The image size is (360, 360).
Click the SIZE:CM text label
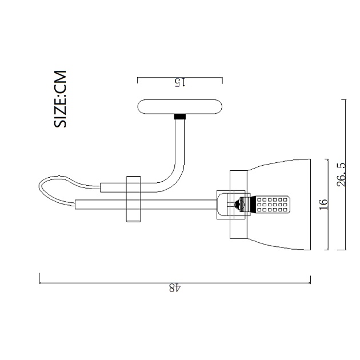coord(61,99)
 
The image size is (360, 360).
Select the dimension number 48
coord(175,289)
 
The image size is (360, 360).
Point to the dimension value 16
coord(322,205)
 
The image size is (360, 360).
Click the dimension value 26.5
coord(341,175)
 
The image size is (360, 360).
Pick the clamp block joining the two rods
coord(133,198)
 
